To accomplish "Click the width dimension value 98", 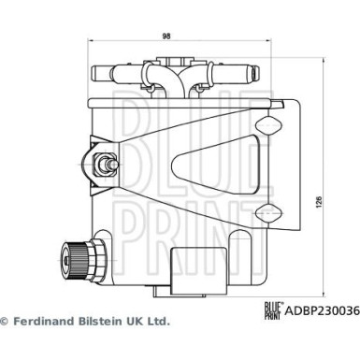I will pyautogui.click(x=166, y=36).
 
